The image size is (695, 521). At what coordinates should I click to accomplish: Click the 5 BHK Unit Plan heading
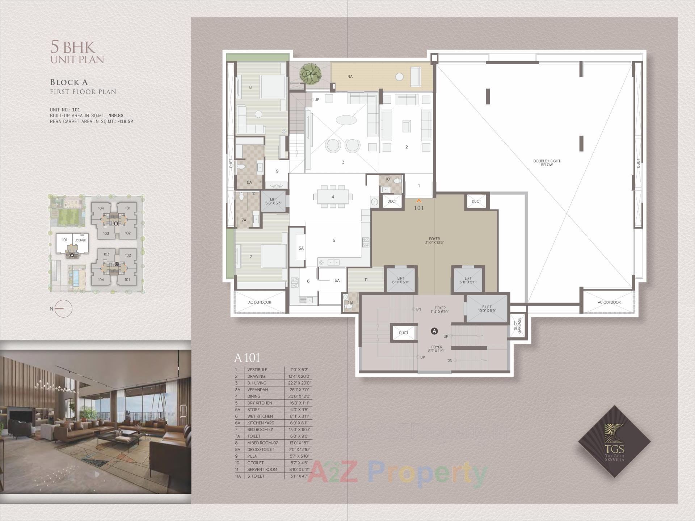[x=77, y=53]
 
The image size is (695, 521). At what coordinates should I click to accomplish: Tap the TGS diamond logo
[x=614, y=441]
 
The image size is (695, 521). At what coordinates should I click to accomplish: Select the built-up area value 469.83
[x=116, y=116]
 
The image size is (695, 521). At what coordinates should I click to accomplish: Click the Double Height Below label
[x=547, y=163]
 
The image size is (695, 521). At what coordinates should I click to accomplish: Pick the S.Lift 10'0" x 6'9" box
[x=486, y=309]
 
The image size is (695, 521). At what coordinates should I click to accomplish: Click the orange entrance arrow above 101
[x=419, y=200]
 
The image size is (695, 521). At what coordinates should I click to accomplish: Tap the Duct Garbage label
[x=518, y=325]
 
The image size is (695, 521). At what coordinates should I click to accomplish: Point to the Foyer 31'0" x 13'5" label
[x=434, y=241]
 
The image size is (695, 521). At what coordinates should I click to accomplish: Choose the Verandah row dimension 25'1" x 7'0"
[x=300, y=390]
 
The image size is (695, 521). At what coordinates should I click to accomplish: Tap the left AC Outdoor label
[x=260, y=302]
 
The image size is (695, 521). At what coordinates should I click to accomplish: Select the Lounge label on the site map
[x=80, y=240]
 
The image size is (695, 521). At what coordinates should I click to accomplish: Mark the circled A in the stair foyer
[x=434, y=331]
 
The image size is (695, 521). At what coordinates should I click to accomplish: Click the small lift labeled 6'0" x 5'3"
[x=273, y=202]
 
